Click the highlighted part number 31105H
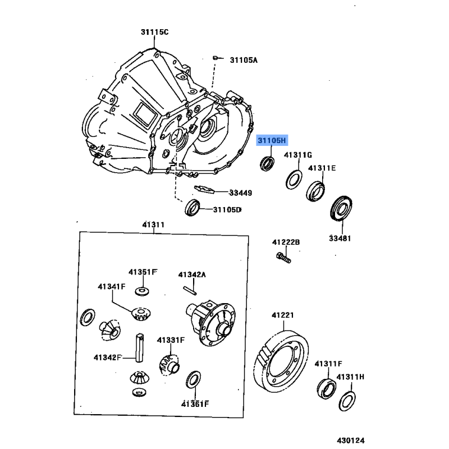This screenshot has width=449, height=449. (272, 140)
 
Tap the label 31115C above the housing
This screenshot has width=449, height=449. (154, 32)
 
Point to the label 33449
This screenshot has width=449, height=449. (240, 193)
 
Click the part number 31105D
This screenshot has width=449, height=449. (227, 210)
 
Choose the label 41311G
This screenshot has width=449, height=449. (297, 154)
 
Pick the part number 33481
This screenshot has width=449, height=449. (340, 238)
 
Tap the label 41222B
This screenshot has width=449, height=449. (286, 242)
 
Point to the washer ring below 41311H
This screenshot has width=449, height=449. (347, 400)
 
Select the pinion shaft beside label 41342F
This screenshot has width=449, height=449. (139, 347)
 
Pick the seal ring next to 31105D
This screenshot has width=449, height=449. (194, 208)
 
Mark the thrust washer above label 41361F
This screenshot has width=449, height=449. (194, 379)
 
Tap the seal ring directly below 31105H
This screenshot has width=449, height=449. (267, 163)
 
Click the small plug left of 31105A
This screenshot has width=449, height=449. (215, 57)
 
